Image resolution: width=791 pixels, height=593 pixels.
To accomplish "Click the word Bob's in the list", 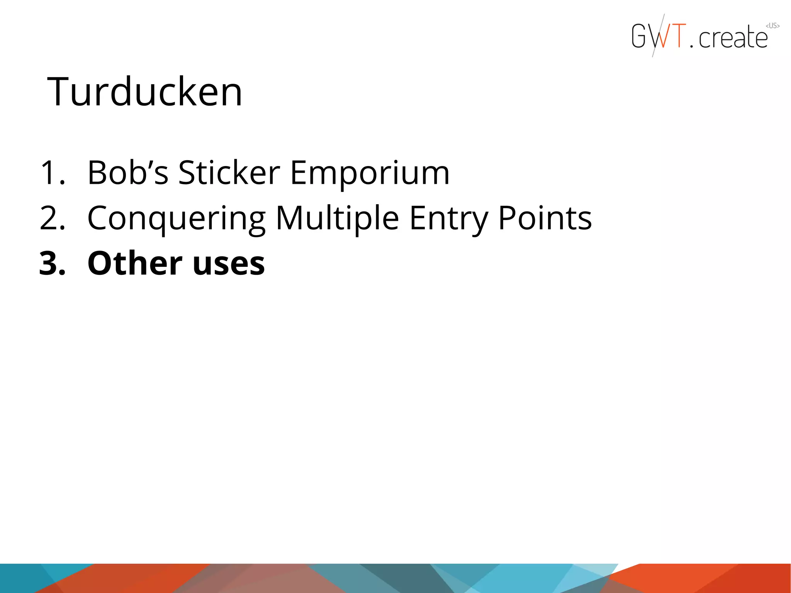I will tap(128, 173).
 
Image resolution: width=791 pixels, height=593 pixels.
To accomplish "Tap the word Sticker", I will tap(229, 173).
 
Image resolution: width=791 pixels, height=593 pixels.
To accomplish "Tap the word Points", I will tap(545, 218).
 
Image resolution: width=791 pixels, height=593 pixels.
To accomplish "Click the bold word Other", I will tap(135, 263).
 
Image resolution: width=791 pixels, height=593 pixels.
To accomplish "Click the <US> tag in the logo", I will tap(772, 26).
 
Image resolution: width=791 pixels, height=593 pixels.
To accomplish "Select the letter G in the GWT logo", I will tap(638, 36).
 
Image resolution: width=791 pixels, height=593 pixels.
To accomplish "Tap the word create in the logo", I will tap(733, 38).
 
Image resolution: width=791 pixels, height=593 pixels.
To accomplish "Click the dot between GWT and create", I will tap(691, 46).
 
